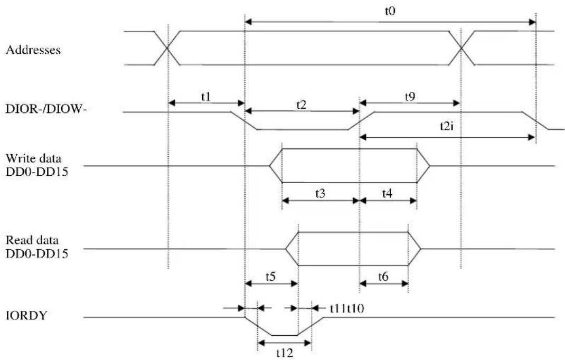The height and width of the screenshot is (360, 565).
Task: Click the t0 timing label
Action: tap(390, 11)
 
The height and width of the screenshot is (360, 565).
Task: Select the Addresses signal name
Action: tap(33, 50)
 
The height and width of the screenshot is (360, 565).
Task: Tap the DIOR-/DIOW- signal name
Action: tap(46, 108)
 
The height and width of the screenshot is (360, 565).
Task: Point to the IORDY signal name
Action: tap(26, 315)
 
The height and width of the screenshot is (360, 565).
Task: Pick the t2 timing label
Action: tap(301, 105)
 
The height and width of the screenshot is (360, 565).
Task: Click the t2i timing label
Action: tap(446, 126)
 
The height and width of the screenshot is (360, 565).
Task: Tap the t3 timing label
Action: tap(320, 194)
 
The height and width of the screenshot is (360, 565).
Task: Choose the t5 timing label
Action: tap(270, 277)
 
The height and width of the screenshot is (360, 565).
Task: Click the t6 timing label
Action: tap(383, 277)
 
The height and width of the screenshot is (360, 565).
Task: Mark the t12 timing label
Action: tap(285, 353)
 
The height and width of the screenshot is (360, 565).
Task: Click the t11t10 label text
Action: tap(347, 308)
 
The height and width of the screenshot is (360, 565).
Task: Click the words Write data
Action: tap(33, 158)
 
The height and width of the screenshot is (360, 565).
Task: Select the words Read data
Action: tap(32, 240)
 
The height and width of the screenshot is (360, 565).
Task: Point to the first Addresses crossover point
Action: tap(167, 48)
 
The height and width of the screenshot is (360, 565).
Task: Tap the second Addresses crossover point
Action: tap(461, 48)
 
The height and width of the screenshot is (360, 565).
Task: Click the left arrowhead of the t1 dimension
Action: tap(172, 103)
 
